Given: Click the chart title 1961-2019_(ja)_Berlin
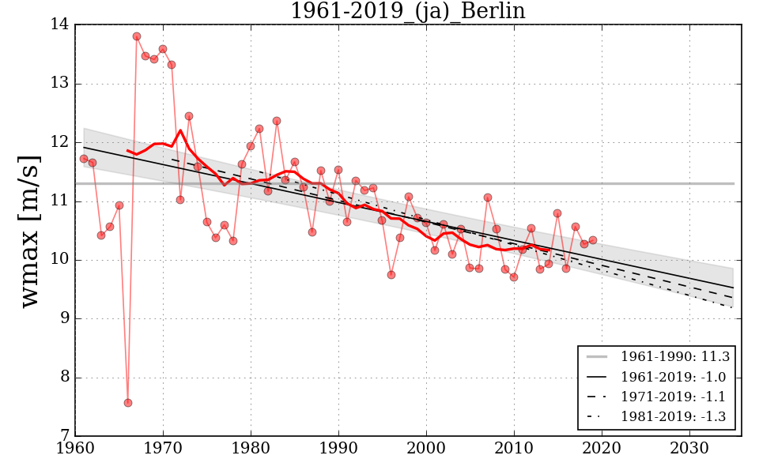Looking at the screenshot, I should [407, 11].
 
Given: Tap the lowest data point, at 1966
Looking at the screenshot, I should [128, 403].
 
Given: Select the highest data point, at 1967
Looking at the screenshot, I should [137, 36].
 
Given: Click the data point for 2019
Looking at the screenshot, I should [593, 240].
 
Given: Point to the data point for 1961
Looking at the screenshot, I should [84, 159].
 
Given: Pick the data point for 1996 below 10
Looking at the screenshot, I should [391, 275].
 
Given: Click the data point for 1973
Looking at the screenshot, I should [189, 116].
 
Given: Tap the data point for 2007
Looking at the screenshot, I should [488, 197].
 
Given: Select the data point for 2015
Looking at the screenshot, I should [557, 213].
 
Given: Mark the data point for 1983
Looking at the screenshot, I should [277, 121].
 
